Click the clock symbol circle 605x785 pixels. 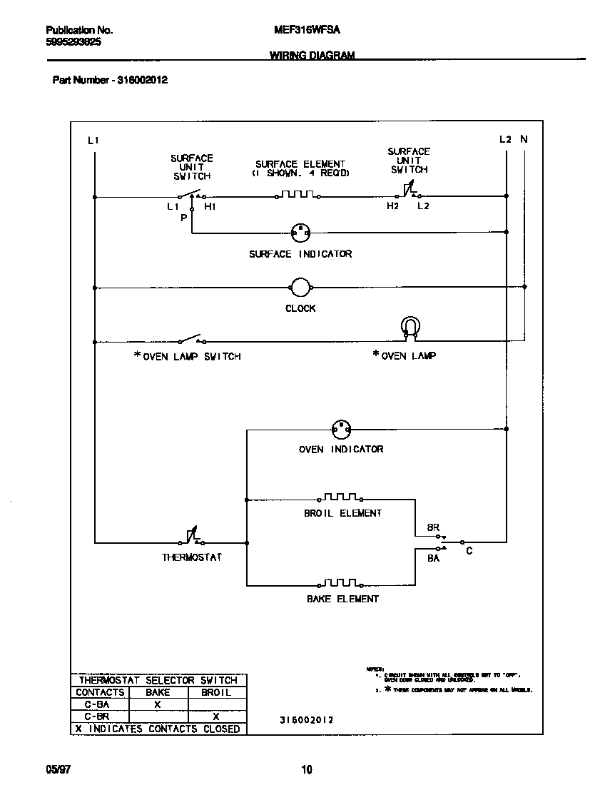click(300, 288)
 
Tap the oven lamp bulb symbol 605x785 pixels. click(410, 326)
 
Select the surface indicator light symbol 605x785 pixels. click(301, 232)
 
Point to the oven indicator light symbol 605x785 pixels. click(341, 429)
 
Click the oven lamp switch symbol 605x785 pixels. click(191, 339)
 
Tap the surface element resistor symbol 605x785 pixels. click(298, 194)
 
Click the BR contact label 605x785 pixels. click(433, 527)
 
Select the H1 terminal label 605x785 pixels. click(210, 207)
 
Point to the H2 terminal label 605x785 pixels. click(392, 206)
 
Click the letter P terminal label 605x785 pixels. click(183, 218)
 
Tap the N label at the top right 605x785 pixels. click(524, 140)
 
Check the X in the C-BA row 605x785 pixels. click(158, 704)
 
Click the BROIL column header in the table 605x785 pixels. click(216, 692)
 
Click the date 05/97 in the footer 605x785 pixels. click(59, 769)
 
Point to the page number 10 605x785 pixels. click(306, 769)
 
